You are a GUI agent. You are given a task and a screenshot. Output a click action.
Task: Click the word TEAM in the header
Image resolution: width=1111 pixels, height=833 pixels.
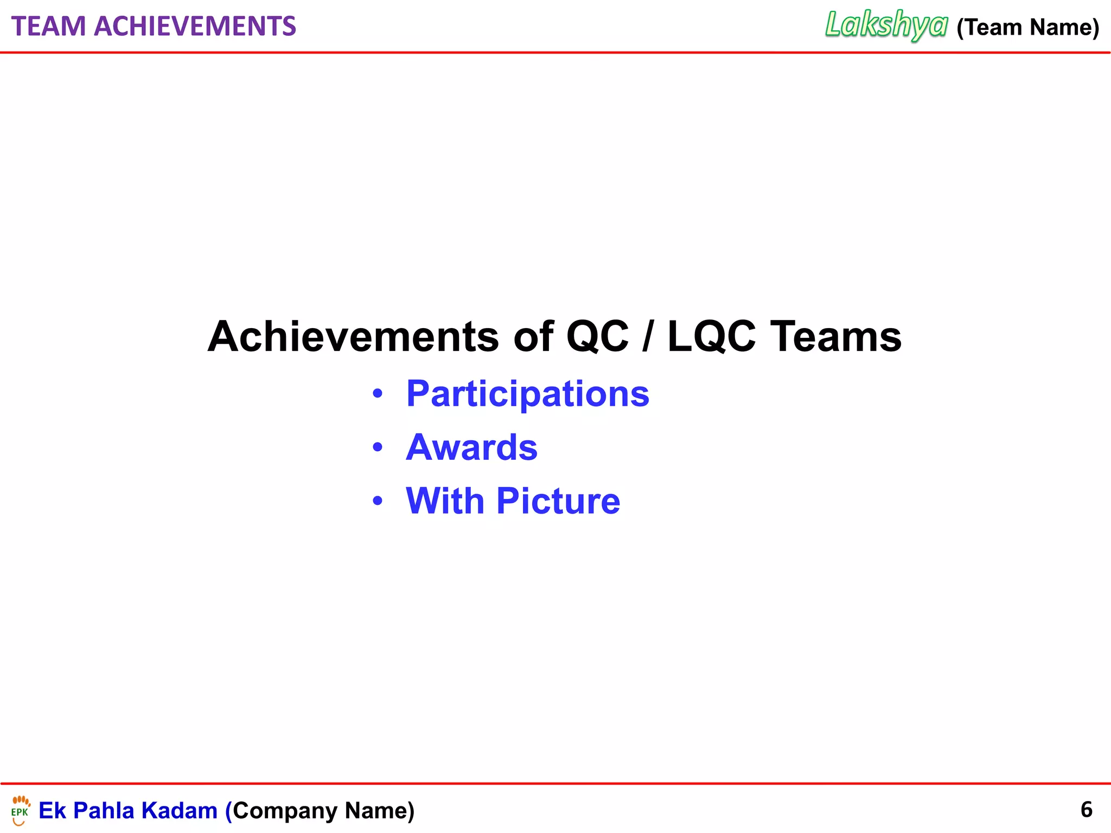click(48, 27)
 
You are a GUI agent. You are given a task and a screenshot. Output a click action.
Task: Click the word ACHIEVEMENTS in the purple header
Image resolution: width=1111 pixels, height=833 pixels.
click(195, 27)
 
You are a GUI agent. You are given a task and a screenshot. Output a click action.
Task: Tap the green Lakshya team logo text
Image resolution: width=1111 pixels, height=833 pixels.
click(886, 25)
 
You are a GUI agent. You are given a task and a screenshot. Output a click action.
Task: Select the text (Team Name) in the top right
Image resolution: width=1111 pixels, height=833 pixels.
click(1027, 27)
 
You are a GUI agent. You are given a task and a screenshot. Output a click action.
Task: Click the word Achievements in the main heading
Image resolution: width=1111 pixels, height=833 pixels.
click(353, 337)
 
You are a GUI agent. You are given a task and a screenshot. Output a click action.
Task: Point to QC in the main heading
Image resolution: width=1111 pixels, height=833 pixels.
click(597, 337)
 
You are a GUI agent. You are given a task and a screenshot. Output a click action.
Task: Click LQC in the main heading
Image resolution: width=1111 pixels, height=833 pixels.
click(711, 337)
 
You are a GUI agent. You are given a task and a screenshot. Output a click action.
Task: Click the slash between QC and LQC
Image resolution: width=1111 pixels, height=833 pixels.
click(647, 337)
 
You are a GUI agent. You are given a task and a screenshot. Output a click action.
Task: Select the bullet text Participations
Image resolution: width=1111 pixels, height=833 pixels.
click(527, 394)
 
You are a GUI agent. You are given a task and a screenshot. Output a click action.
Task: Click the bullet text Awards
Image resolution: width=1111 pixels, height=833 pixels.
click(471, 448)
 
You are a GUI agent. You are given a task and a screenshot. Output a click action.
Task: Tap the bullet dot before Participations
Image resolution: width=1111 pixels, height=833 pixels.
click(378, 394)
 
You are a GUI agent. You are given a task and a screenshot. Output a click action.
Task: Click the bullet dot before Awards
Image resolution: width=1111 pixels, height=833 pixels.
click(378, 448)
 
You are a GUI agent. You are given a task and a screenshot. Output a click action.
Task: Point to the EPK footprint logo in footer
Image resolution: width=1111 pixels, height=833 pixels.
click(21, 810)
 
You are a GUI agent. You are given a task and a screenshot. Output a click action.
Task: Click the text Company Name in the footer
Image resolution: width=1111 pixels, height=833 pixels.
click(323, 811)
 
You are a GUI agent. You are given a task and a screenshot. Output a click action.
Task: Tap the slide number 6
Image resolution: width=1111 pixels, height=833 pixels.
click(1086, 810)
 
